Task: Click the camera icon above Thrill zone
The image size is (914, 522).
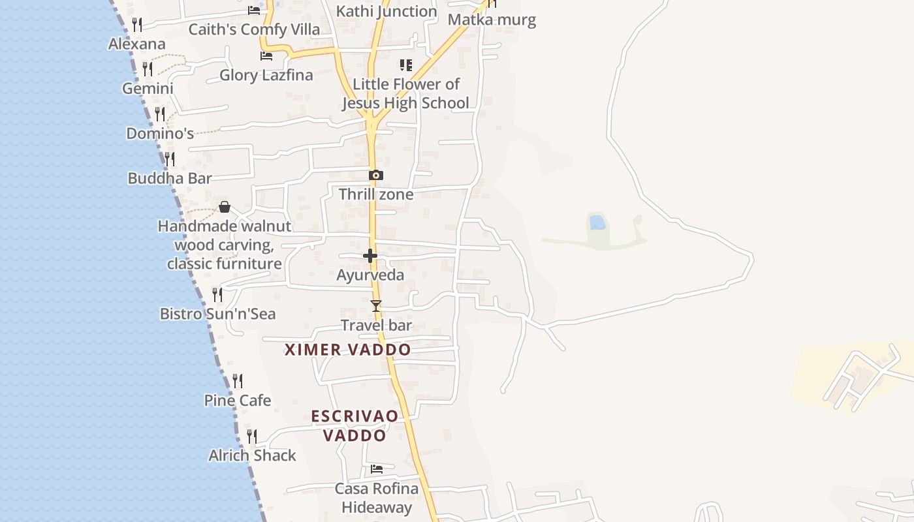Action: [375, 175]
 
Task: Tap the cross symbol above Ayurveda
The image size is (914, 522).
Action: [370, 255]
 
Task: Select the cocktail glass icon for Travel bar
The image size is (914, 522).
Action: [375, 305]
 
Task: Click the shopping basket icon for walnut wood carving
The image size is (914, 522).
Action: [225, 207]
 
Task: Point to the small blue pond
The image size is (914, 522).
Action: [597, 223]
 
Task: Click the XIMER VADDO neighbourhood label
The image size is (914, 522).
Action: [348, 350]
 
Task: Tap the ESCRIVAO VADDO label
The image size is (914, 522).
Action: [355, 425]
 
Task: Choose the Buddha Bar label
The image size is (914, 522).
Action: [170, 178]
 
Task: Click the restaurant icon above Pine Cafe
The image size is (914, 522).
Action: [238, 380]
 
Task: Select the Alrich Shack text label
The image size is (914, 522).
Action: [252, 455]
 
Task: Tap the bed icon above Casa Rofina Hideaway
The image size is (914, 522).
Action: [377, 468]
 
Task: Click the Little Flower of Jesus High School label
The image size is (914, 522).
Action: [405, 93]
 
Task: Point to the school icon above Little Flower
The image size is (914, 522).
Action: [405, 65]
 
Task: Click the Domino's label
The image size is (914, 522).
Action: [160, 134]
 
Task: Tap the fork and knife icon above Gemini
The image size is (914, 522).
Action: [148, 69]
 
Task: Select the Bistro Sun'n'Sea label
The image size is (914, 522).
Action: [218, 314]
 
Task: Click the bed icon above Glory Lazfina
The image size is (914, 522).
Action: [266, 56]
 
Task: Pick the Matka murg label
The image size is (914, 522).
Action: [492, 20]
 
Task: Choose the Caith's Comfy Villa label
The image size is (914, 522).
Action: [254, 29]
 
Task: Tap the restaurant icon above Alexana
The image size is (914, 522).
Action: [137, 25]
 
